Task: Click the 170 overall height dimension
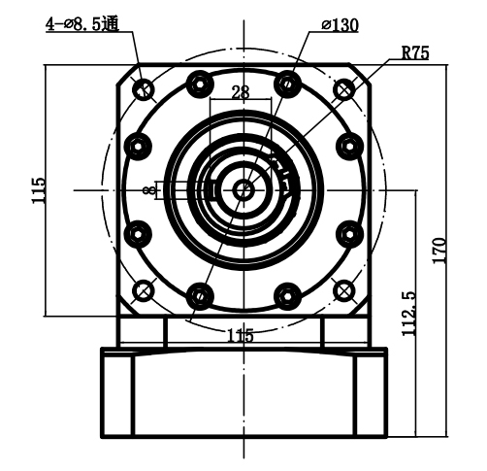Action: [439, 251]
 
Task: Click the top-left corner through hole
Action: [145, 90]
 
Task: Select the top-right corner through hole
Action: [344, 90]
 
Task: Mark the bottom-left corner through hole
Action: [145, 290]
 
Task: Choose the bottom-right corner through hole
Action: [344, 290]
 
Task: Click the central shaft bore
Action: [243, 190]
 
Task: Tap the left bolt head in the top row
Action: [200, 82]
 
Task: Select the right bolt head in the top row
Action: [287, 82]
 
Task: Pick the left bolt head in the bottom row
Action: [200, 292]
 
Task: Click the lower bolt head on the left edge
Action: [138, 233]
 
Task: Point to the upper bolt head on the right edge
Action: [350, 146]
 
